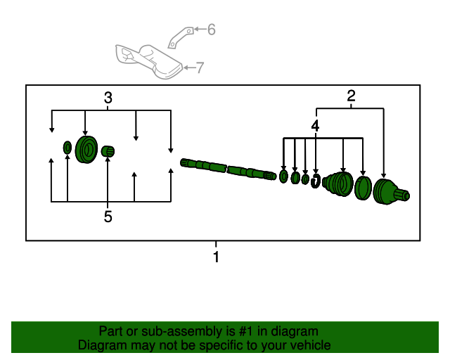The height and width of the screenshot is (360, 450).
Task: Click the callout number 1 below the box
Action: (216, 257)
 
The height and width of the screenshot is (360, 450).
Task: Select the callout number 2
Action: (352, 96)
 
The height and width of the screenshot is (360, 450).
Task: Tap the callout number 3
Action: (108, 98)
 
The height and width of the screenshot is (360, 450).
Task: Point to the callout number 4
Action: (315, 126)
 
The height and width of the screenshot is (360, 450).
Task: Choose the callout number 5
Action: (108, 217)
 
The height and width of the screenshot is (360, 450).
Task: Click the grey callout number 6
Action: (212, 30)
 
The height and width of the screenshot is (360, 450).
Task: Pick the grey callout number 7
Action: (200, 67)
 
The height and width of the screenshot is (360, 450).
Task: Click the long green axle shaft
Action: (228, 169)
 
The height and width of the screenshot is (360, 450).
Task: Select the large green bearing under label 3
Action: (86, 150)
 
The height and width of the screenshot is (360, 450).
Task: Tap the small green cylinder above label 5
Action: (108, 151)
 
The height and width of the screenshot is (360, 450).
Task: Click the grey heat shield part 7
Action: (148, 62)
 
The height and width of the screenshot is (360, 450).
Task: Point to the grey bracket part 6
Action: (180, 37)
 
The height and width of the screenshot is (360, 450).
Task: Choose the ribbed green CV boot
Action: (337, 184)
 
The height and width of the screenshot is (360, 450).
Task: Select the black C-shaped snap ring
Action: (316, 181)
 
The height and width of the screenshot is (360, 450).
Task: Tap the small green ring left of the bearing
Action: (67, 148)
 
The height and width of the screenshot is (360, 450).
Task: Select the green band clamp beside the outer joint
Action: (363, 188)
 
